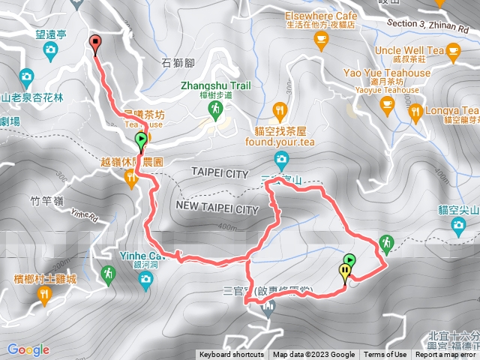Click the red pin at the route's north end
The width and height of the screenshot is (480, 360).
tap(94, 43)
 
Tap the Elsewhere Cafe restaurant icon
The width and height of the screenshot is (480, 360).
tap(322, 41)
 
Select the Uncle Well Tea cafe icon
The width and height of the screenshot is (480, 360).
tap(452, 50)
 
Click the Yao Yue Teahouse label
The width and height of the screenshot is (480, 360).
tap(387, 73)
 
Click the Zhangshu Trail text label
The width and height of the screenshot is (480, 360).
tap(216, 85)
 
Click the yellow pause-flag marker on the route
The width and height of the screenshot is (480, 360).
tap(345, 273)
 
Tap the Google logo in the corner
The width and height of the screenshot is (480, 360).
tap(28, 349)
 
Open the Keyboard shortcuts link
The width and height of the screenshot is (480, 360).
tap(231, 355)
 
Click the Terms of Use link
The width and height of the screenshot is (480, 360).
tap(385, 355)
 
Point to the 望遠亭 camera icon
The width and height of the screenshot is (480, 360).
tap(51, 51)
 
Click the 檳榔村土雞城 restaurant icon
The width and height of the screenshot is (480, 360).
tap(43, 296)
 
